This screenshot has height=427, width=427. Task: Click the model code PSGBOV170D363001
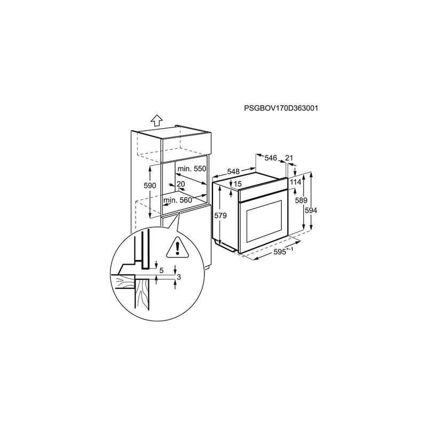coord(281,108)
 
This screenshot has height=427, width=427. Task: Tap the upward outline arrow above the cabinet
coord(156,120)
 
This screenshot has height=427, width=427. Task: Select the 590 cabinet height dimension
coord(150,185)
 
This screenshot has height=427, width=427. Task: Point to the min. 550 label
coord(192,169)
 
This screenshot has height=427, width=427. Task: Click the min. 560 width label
coord(178,200)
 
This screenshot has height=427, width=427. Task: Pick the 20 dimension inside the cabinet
coord(181,184)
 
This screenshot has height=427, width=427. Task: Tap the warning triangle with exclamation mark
coord(178,247)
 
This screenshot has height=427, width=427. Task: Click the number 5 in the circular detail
coord(161,271)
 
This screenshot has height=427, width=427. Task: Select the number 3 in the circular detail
coord(179,277)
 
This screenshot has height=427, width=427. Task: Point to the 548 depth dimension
coord(233,171)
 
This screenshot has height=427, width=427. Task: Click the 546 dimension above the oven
coord(271,157)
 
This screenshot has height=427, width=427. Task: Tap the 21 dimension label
coord(289,157)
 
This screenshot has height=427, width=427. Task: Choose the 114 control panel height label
coord(296,181)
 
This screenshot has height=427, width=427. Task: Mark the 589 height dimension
coord(301,200)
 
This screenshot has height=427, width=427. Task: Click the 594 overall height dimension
coord(311,210)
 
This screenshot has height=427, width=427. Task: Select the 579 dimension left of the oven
coord(220,216)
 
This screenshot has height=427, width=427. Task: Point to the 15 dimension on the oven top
coord(238,184)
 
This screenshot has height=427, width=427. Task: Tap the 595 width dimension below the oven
coord(283,251)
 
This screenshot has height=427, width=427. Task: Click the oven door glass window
coord(264,222)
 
